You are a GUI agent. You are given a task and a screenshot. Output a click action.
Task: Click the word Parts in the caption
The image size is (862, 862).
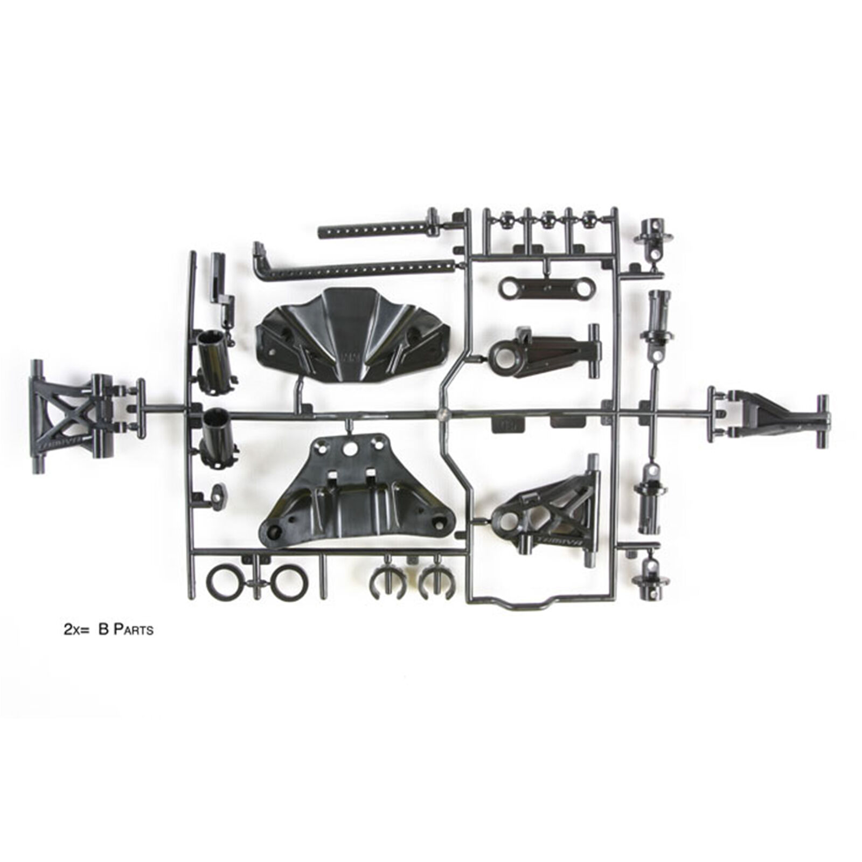pos(133,630)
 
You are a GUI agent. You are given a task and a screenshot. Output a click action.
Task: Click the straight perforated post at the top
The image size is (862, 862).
pos(377,235)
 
